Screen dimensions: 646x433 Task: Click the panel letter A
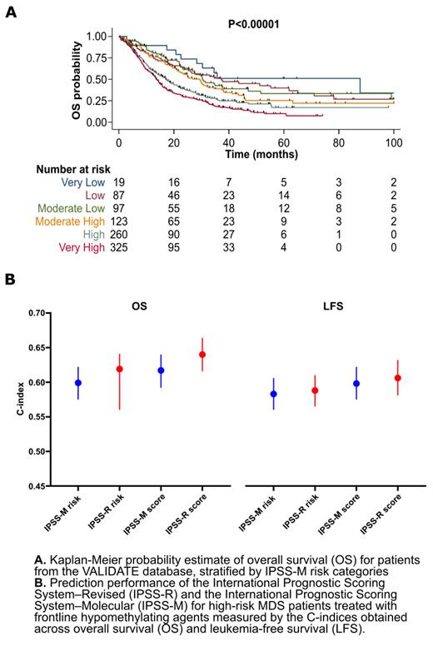[x=10, y=14]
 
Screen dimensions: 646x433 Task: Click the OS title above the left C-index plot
[x=140, y=306]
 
